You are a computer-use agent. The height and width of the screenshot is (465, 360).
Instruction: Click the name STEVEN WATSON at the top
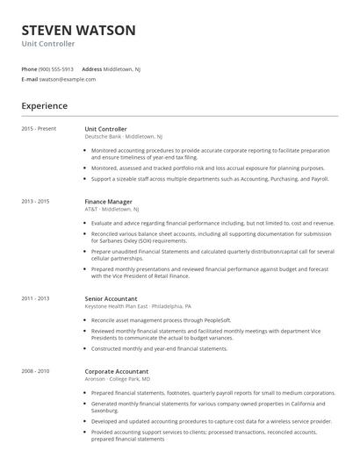coord(78,30)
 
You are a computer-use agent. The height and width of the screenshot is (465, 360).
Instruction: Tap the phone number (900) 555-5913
coord(57,68)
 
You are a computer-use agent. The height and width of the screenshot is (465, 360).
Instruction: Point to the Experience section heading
coord(44,106)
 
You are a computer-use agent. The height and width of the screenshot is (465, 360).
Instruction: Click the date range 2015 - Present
coord(39,129)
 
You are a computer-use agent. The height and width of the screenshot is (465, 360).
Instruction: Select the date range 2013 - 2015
coord(36,202)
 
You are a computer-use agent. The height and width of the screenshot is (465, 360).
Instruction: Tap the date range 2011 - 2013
coord(36,298)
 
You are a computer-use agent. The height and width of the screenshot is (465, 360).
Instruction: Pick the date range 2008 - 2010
coord(36,371)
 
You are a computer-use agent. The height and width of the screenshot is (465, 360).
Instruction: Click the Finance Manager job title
coord(108,202)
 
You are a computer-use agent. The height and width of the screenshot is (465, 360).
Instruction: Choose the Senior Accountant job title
coord(111,298)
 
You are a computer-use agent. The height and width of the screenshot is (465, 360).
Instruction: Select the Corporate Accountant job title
coord(116,371)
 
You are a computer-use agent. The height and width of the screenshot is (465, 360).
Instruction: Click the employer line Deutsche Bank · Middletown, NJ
coord(123,137)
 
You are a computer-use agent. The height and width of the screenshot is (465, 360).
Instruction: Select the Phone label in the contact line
coord(29,68)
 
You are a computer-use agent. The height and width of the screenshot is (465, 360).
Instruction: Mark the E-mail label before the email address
coord(29,79)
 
